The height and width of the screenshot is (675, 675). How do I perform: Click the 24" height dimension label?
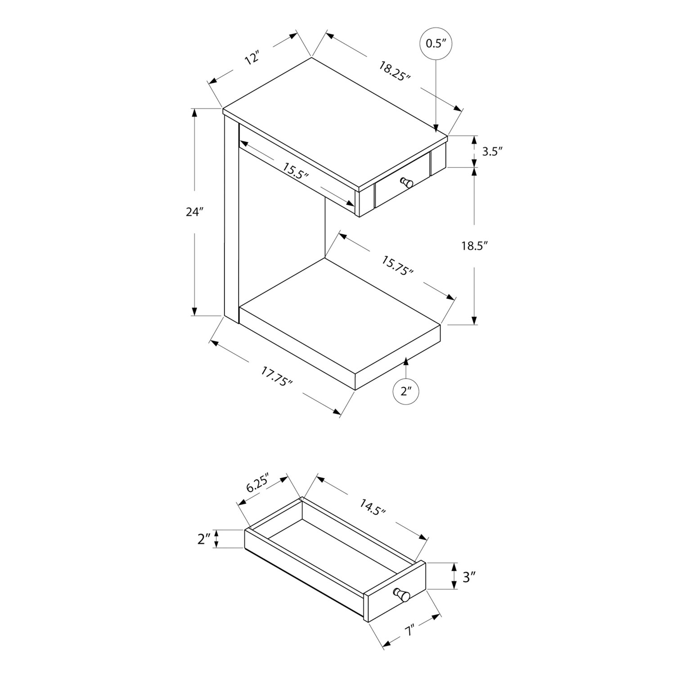[195, 211]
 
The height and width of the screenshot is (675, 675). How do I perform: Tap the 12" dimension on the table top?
[253, 59]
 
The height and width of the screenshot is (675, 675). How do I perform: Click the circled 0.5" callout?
[435, 43]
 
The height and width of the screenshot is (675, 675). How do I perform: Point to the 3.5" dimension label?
[491, 151]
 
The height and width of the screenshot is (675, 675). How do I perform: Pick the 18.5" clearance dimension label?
[474, 246]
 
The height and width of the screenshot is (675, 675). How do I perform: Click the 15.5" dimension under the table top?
[295, 171]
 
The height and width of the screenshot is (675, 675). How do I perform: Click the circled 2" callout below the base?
[406, 391]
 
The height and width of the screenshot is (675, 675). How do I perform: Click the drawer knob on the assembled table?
[408, 183]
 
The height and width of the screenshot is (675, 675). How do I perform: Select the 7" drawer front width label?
[409, 631]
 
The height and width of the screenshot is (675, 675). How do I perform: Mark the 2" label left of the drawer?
[204, 539]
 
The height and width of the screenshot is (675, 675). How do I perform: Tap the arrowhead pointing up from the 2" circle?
[406, 360]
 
